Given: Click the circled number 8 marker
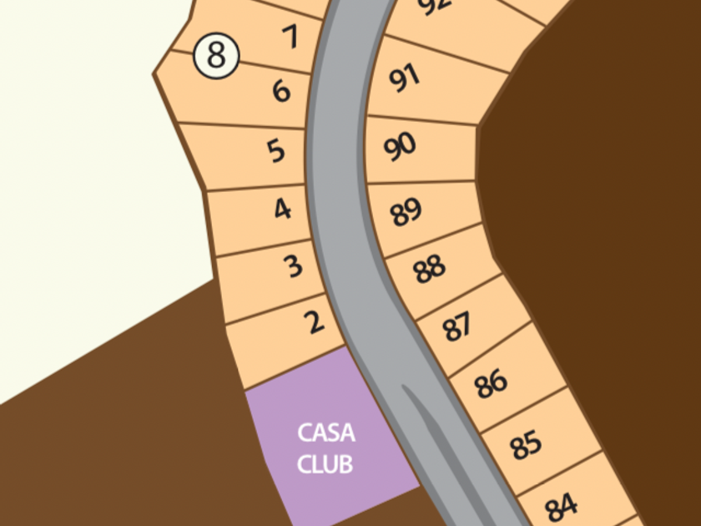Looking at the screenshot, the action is point(216,56).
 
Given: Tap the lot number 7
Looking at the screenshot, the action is point(290,36).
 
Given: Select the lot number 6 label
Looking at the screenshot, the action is point(281,91).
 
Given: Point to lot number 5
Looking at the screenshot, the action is point(276,151).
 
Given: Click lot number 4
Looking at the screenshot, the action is point(283,209).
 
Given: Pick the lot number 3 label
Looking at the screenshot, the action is point(294,266).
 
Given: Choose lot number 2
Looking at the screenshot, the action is point(315,322).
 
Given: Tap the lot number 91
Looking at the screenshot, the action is point(404,78).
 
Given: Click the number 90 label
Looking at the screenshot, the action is point(400,146).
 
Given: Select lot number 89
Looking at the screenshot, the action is point(406,211).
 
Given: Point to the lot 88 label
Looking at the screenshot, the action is point(429,269).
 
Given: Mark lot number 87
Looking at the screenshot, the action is point(457,326).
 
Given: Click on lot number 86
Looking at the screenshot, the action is point(491,384).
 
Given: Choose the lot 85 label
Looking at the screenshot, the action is point(526,445).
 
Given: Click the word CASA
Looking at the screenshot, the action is point(326,433).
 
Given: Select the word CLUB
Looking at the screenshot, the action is point(325,464).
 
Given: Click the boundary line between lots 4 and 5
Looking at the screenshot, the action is point(255,187).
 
